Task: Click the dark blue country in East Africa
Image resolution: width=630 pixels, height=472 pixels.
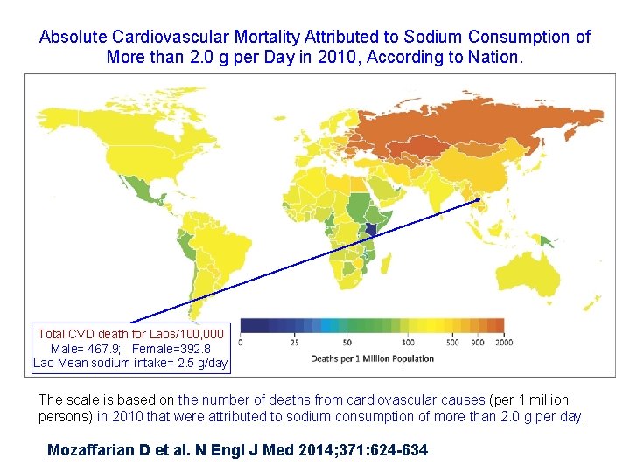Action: tap(373, 231)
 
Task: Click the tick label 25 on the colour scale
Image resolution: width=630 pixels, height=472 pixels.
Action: tap(295, 342)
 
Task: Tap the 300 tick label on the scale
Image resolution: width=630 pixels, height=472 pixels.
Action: tap(408, 342)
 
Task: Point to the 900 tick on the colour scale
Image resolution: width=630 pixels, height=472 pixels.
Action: tap(477, 342)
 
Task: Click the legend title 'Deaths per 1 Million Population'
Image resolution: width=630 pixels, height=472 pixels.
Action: tap(372, 358)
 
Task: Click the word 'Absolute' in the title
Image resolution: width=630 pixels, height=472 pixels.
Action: tap(72, 37)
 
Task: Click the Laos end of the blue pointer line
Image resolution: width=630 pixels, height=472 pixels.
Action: tap(479, 200)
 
